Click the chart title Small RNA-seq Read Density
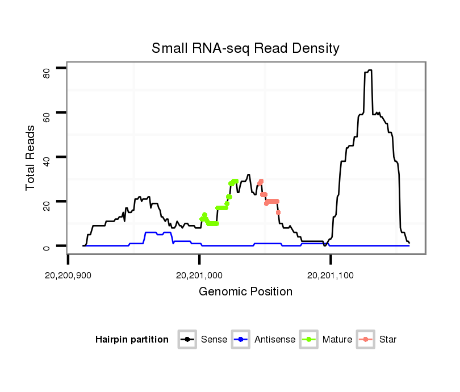(x=245, y=48)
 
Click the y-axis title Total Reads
(x=31, y=157)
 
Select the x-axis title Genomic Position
(x=245, y=292)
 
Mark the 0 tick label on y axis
(x=47, y=246)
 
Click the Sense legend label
(x=214, y=340)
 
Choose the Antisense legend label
(x=275, y=340)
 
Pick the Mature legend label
(x=337, y=340)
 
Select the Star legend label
(x=388, y=340)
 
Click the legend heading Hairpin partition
(x=132, y=340)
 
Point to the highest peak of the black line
(x=369, y=70)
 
